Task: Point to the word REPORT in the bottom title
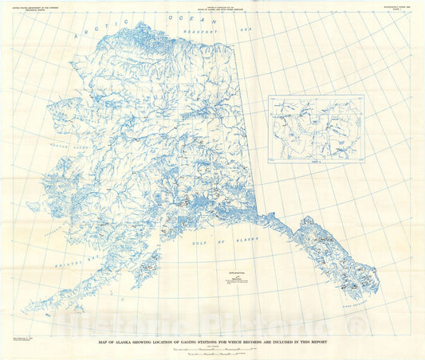click(317, 342)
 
